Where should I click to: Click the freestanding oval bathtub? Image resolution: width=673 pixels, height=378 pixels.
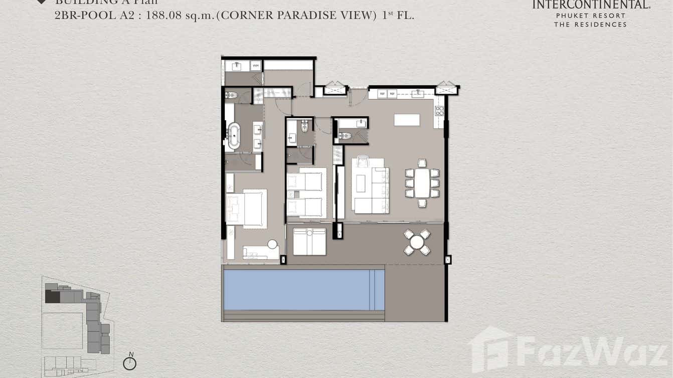pyautogui.click(x=234, y=136)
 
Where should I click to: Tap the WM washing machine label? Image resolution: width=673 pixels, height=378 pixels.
pyautogui.click(x=256, y=66)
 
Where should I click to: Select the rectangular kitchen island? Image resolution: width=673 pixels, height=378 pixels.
pyautogui.click(x=407, y=120)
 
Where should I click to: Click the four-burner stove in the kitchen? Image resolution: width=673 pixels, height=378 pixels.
pyautogui.click(x=439, y=111)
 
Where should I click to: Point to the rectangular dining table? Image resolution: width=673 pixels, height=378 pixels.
pyautogui.click(x=422, y=183)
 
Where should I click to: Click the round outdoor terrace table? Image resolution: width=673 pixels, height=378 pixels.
pyautogui.click(x=417, y=242)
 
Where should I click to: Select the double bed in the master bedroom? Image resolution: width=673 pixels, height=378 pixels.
pyautogui.click(x=246, y=209)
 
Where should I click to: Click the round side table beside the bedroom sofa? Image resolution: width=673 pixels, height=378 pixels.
pyautogui.click(x=272, y=245)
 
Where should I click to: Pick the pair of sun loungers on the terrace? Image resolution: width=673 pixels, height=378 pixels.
pyautogui.click(x=309, y=241)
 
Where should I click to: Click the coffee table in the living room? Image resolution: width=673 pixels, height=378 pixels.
pyautogui.click(x=361, y=182)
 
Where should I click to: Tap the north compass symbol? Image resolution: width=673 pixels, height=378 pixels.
pyautogui.click(x=130, y=362)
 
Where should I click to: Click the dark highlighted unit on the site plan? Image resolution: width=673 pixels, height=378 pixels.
pyautogui.click(x=52, y=296)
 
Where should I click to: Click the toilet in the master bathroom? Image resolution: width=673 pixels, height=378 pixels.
pyautogui.click(x=231, y=95)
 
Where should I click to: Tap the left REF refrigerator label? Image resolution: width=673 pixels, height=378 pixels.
pyautogui.click(x=382, y=93)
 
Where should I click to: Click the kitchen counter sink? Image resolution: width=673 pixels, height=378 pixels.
pyautogui.click(x=417, y=93)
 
